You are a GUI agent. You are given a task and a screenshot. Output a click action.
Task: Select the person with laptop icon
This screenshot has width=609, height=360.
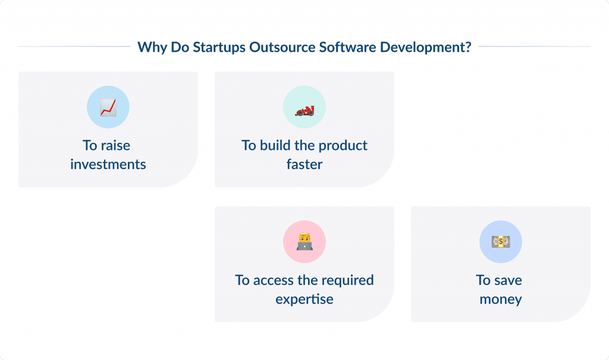[x=304, y=242]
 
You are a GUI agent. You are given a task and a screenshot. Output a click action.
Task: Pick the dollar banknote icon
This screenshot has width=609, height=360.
[x=501, y=242]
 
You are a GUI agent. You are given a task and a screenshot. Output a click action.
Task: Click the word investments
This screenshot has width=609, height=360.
[x=108, y=164]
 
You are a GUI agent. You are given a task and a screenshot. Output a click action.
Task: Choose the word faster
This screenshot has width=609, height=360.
[x=304, y=164]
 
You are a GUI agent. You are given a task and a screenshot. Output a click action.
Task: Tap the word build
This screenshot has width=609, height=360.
[x=275, y=146]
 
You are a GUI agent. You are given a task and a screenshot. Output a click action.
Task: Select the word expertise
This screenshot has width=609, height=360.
[x=304, y=299]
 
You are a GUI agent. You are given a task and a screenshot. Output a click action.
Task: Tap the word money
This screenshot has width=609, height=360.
[x=501, y=299]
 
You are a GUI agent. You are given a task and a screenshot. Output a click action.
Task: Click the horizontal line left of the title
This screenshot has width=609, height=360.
[x=74, y=46]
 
